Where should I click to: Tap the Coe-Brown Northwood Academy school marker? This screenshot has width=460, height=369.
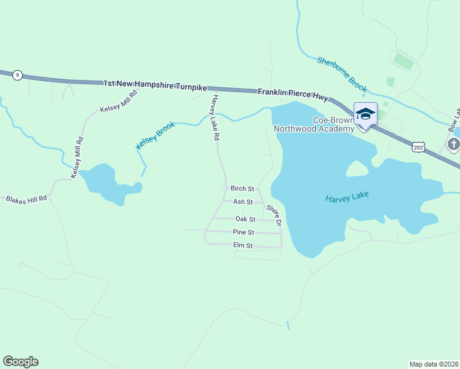(x=365, y=114)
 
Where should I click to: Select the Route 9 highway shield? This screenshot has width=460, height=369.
(x=18, y=75)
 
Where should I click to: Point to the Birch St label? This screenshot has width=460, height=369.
(x=242, y=188)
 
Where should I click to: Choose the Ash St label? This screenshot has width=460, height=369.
(x=243, y=202)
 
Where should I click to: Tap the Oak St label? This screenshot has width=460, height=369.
(x=245, y=219)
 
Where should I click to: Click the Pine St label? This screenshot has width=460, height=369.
(x=244, y=232)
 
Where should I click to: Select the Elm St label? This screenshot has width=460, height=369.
(x=243, y=245)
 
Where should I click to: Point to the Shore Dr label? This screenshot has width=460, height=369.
(x=274, y=215)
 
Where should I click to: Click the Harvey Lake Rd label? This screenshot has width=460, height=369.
(x=215, y=118)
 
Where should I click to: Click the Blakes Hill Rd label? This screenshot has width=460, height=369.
(x=26, y=200)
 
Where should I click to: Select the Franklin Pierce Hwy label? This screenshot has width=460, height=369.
(x=293, y=92)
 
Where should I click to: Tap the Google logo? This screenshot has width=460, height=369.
(x=20, y=362)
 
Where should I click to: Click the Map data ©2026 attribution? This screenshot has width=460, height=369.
(x=434, y=364)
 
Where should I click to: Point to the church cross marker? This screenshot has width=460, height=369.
(x=453, y=145)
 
